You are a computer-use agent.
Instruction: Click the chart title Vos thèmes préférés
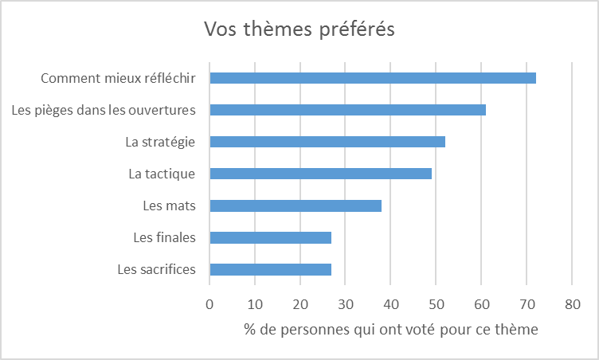pos(299,29)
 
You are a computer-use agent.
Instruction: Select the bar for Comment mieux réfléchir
pos(372,78)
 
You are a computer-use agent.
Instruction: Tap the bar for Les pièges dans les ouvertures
pos(347,110)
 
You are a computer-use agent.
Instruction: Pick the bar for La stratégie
pos(327,142)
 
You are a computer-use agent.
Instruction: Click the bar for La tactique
pos(320,174)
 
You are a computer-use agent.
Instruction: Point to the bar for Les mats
pos(295,205)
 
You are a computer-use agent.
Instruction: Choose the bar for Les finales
pos(270,237)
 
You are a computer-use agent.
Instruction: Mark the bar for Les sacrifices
pos(270,269)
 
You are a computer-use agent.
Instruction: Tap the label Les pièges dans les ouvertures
pos(104,110)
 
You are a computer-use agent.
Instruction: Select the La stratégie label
pos(160,142)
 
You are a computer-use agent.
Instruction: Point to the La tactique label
pos(162,174)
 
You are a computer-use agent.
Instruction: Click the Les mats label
pos(169,205)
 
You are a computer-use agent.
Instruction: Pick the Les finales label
pos(165,237)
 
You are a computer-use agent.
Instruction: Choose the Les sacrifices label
pos(156,269)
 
